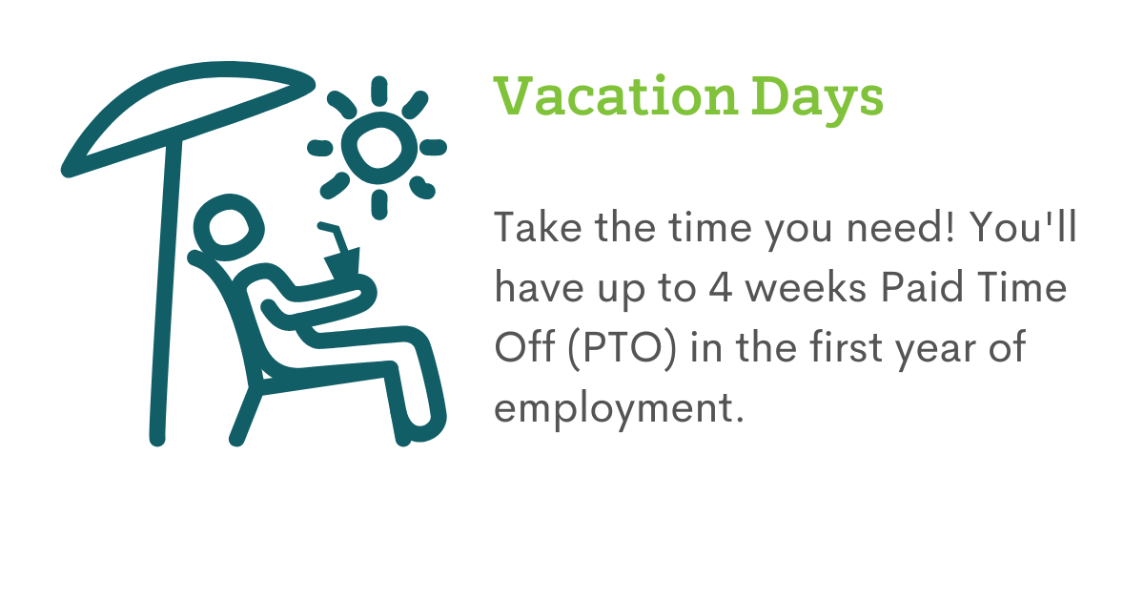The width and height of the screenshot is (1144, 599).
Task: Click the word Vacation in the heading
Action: [616, 96]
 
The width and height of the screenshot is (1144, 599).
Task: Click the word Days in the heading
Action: [817, 100]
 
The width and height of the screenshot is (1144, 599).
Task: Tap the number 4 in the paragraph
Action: [721, 287]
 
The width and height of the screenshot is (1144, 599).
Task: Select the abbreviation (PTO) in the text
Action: [622, 347]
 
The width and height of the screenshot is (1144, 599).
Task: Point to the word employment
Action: [619, 410]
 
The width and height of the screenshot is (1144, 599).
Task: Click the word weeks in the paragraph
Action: [806, 287]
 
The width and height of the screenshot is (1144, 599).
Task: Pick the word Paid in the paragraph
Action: [923, 287]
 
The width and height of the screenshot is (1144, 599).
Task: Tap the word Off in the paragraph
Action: [524, 346]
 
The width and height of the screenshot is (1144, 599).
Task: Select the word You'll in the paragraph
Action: [1022, 226]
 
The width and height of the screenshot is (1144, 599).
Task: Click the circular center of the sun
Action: [379, 148]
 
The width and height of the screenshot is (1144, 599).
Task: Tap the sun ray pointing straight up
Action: [379, 91]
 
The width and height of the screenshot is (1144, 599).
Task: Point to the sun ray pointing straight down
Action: [379, 204]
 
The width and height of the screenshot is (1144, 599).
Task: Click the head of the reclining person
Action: [229, 227]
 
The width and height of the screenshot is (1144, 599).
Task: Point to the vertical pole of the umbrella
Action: [166, 291]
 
